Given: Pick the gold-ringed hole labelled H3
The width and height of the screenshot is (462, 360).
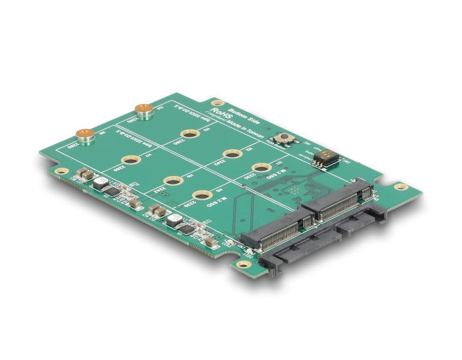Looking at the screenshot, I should pyautogui.click(x=191, y=134).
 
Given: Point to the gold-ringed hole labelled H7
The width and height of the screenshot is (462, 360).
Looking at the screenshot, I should pyautogui.click(x=131, y=159).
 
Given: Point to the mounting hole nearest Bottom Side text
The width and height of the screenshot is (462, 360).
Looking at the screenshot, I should pyautogui.click(x=216, y=104).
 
